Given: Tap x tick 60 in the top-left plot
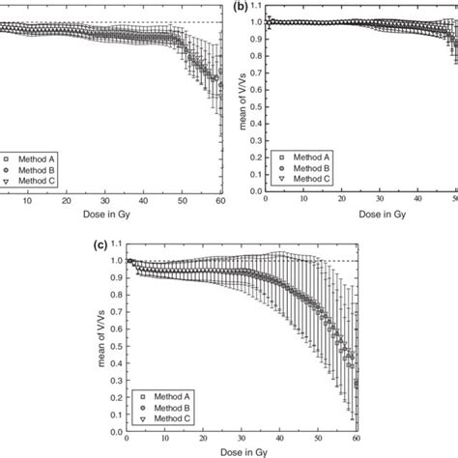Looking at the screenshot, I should (221, 200).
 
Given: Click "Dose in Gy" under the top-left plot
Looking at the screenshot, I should (107, 215).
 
